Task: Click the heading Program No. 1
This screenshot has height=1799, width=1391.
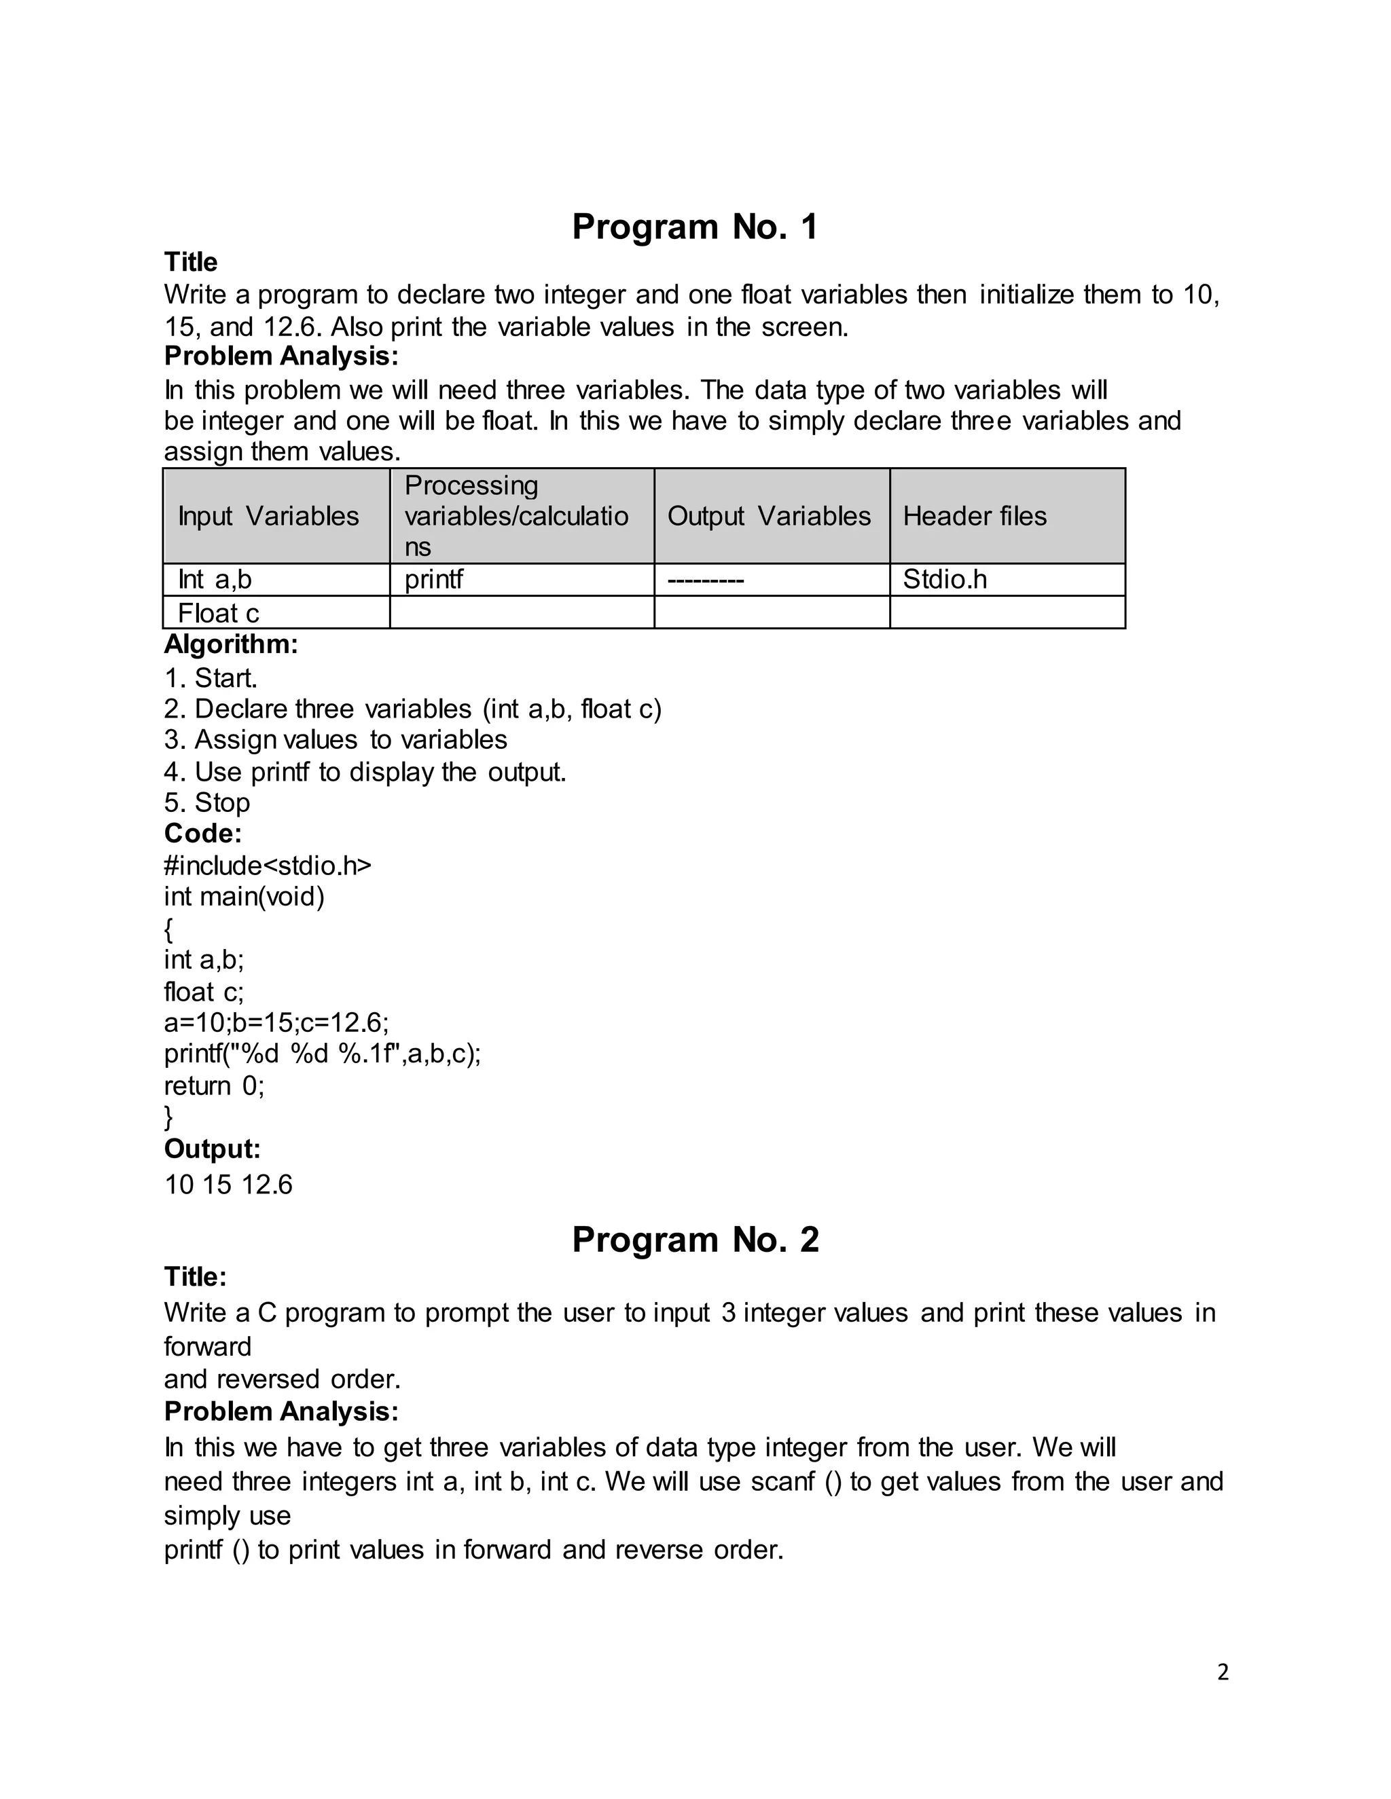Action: (695, 227)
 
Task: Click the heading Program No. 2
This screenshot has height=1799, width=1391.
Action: (695, 1240)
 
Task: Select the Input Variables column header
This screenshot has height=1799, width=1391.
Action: (269, 517)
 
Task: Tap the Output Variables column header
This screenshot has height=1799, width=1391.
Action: (769, 517)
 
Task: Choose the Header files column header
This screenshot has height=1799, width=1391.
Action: (975, 517)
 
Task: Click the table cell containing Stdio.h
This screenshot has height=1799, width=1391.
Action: (944, 580)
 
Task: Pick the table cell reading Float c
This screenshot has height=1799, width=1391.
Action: (219, 614)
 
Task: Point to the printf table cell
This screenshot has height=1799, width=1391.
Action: (434, 580)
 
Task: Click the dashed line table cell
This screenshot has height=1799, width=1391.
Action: (706, 580)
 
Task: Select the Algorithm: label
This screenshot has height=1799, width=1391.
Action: (231, 644)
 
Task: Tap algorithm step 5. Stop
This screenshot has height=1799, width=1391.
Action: (207, 803)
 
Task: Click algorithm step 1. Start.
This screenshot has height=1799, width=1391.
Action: (211, 679)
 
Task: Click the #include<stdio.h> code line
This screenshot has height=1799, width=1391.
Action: (268, 866)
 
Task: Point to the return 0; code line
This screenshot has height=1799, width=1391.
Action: (214, 1086)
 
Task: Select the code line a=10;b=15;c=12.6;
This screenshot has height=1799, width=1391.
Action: (276, 1023)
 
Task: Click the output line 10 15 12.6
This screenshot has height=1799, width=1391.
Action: (228, 1185)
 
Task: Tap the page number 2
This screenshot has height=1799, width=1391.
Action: (1223, 1672)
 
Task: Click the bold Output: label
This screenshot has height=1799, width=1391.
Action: (212, 1149)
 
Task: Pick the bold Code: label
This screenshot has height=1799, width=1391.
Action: (202, 834)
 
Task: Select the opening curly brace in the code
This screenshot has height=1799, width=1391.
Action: (169, 930)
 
